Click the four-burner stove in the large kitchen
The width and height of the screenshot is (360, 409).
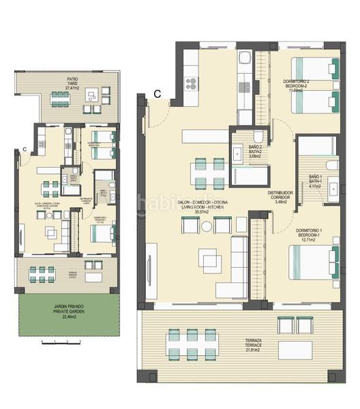click(x=192, y=85)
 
